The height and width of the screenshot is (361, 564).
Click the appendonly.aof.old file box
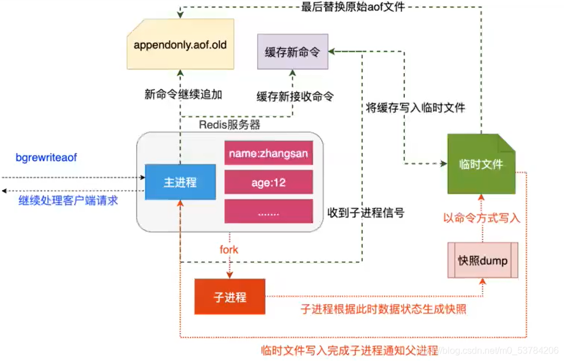(x=180, y=44)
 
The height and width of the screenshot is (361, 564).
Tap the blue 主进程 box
(x=180, y=183)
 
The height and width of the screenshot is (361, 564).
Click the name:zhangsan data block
(x=268, y=154)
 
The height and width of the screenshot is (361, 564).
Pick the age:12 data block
(x=268, y=183)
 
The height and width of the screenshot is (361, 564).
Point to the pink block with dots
(x=268, y=212)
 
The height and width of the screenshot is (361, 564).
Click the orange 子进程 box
(x=230, y=297)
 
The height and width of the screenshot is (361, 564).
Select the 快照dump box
(x=483, y=261)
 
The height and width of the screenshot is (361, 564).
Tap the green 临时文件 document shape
(x=481, y=165)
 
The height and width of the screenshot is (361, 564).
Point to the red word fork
(x=228, y=249)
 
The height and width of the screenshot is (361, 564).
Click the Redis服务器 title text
(x=230, y=124)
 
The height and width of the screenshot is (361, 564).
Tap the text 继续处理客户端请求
(x=68, y=201)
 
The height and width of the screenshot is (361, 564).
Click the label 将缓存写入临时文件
(x=416, y=108)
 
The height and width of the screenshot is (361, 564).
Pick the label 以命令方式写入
(x=481, y=218)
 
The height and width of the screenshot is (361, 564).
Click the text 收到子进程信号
(x=366, y=213)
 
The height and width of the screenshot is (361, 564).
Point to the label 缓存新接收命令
(x=295, y=96)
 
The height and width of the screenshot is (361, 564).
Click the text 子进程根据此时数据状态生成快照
(x=383, y=309)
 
